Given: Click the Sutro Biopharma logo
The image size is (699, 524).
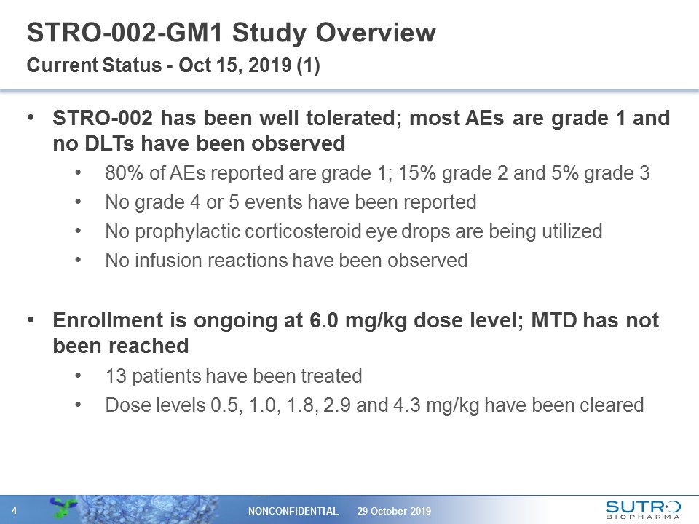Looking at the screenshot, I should click(643, 509).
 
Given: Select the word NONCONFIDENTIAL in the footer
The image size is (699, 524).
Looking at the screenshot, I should click(294, 511).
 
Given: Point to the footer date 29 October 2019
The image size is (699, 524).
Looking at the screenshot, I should click(395, 511).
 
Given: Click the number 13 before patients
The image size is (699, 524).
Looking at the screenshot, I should click(115, 376).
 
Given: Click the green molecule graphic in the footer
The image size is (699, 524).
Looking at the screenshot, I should click(68, 508).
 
